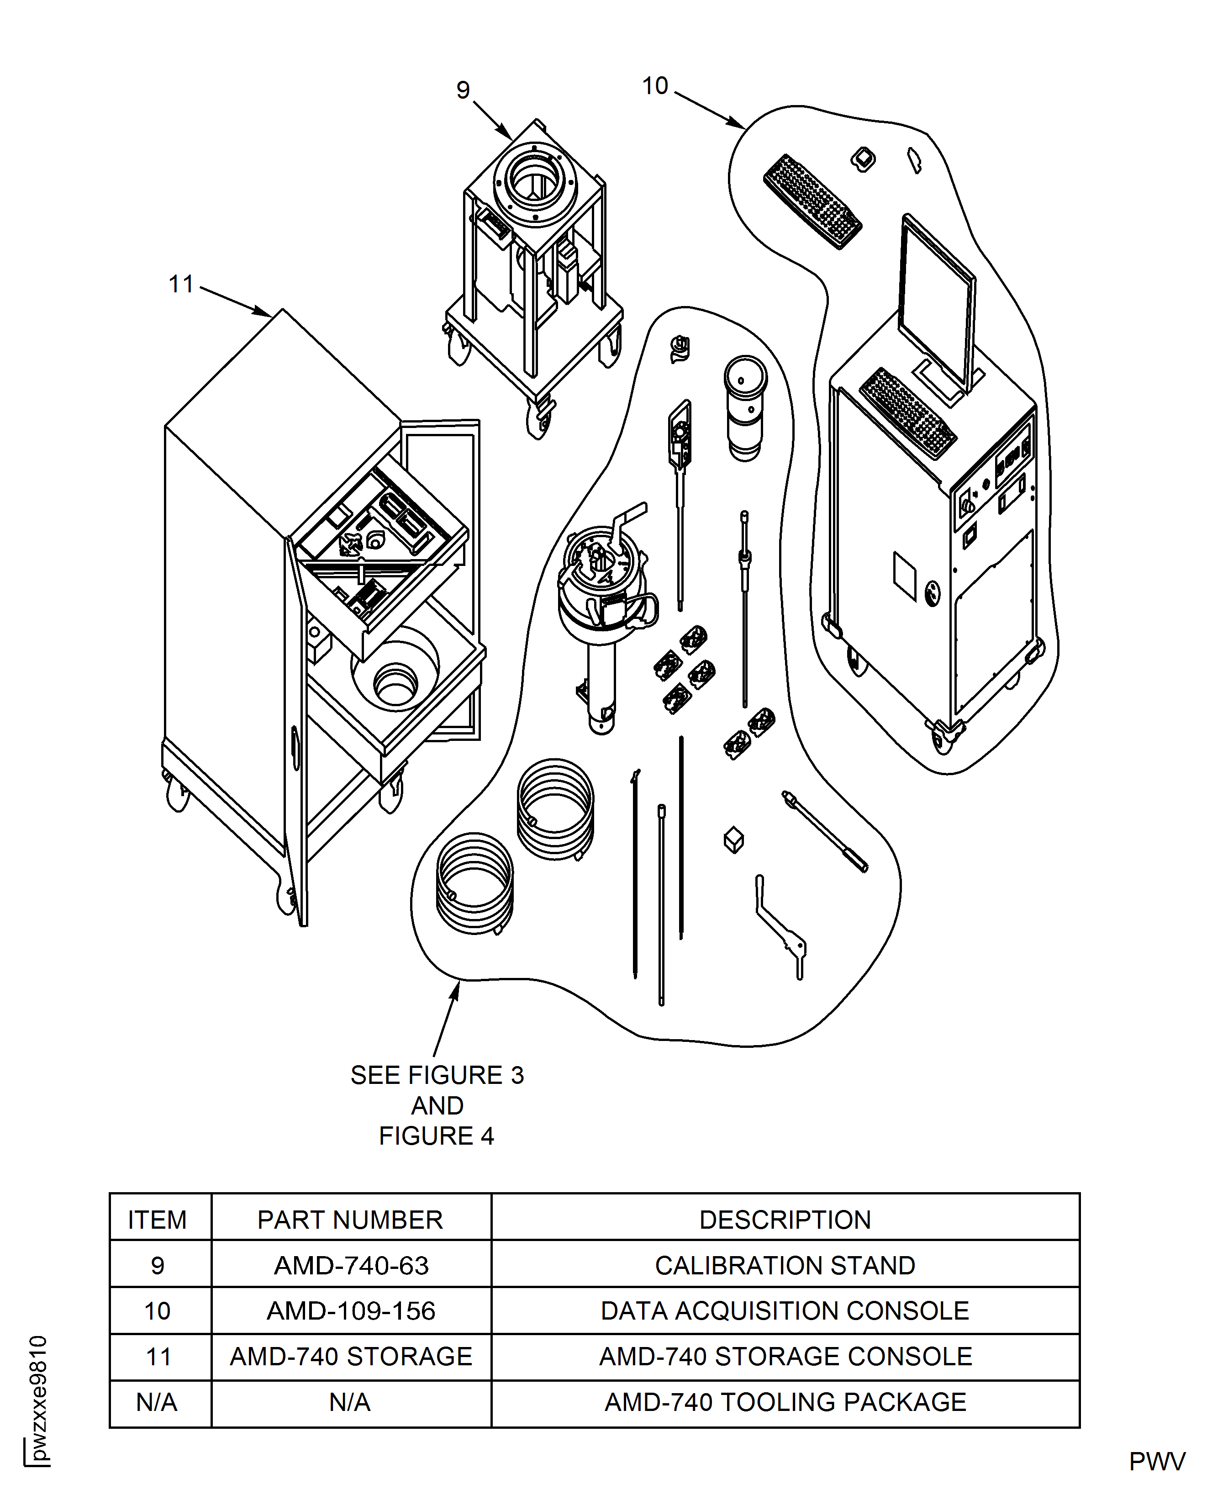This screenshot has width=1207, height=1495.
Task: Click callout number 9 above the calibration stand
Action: coord(463,90)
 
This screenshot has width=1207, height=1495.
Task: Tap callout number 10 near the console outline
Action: coord(654,86)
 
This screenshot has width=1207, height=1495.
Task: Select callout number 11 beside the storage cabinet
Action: coord(181,285)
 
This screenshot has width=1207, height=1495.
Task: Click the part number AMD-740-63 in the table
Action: coord(351,1266)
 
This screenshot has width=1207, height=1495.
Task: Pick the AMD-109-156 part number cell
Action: coord(351,1311)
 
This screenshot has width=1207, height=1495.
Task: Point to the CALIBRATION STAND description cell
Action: coord(785,1266)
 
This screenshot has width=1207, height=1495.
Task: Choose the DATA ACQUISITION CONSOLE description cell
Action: coord(785,1311)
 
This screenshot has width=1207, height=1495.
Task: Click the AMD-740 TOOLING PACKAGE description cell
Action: coord(785,1402)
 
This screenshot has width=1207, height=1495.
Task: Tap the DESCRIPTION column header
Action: coord(785,1220)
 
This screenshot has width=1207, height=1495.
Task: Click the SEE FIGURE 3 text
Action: coord(437,1075)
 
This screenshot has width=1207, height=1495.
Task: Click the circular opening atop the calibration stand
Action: coord(534,182)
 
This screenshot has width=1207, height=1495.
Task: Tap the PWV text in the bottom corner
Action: coord(1157,1462)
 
